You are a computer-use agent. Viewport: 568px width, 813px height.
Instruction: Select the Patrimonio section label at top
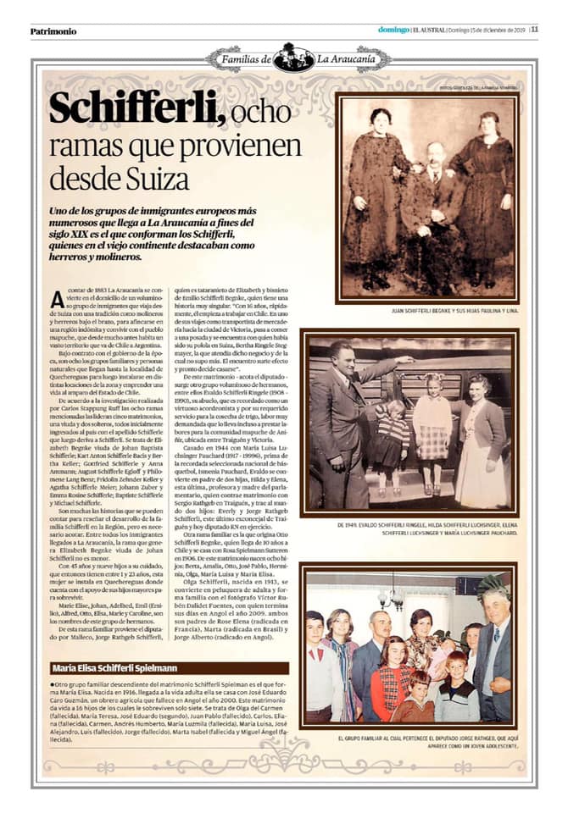53,31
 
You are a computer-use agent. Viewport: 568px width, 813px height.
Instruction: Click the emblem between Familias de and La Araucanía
294,58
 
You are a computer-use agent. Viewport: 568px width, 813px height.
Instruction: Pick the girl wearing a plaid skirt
432,428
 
